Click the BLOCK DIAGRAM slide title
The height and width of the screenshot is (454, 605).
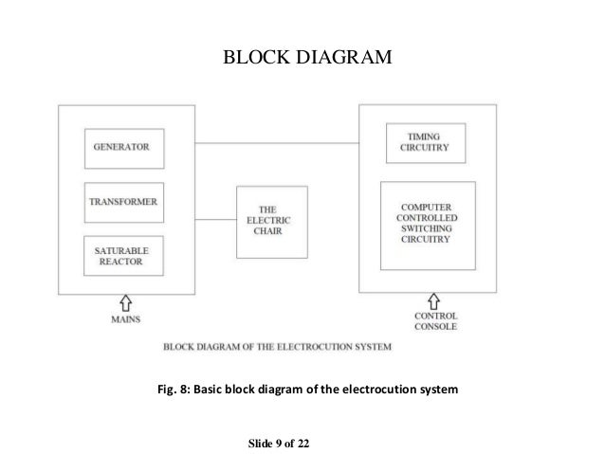click(305, 60)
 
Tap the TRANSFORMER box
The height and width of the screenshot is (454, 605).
click(123, 203)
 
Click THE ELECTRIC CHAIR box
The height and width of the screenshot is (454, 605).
click(271, 222)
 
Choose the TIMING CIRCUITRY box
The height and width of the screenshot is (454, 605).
click(425, 143)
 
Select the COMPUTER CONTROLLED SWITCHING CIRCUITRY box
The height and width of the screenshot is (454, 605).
click(427, 225)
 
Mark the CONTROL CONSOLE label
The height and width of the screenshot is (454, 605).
click(435, 320)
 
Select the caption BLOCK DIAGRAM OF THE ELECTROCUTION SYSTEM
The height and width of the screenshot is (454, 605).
click(277, 346)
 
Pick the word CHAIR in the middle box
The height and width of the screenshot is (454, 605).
click(271, 232)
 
